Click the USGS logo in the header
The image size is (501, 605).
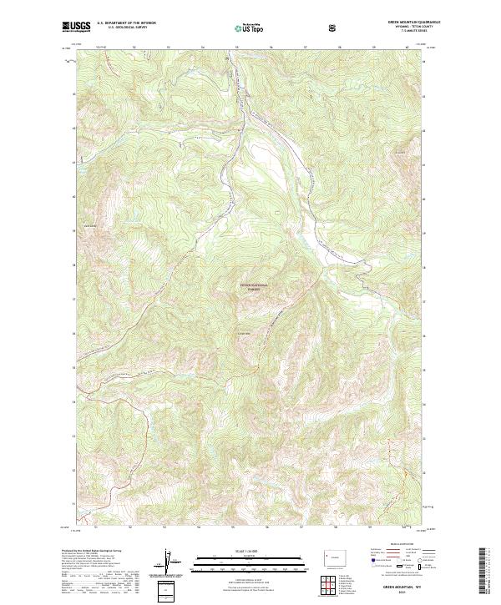[x=76, y=27]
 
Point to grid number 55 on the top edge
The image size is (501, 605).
[x=237, y=47]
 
